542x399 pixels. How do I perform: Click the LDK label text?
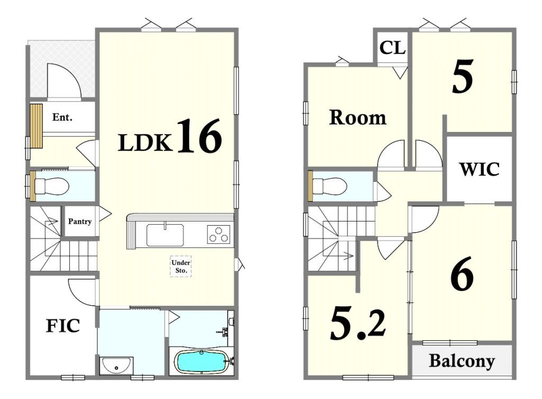pos(145,143)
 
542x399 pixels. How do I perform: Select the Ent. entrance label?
pos(62,117)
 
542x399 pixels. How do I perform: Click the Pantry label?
pos(80,221)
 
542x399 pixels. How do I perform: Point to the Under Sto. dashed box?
pos(180,266)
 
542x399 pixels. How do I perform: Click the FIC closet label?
pos(63,326)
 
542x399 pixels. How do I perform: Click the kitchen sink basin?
pos(165,235)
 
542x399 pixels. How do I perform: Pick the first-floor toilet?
pos(51,186)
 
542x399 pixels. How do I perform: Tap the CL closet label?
pos(392,48)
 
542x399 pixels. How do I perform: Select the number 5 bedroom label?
pos(463,76)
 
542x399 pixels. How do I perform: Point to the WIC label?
pos(480,169)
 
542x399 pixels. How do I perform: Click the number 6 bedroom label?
pos(462,273)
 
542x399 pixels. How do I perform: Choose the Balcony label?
pos(462,361)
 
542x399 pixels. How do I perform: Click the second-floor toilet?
pos(329,186)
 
